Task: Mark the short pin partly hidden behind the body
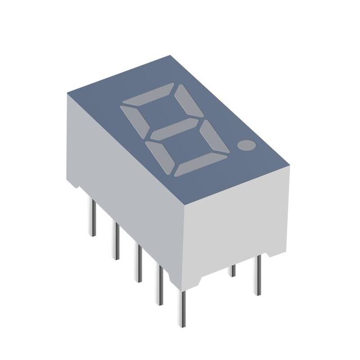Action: (233, 271)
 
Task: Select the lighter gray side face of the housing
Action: (236, 219)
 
